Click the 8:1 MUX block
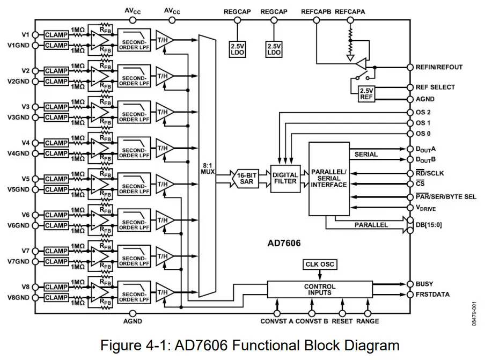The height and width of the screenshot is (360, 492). click(207, 166)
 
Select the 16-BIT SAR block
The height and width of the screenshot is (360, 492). click(247, 179)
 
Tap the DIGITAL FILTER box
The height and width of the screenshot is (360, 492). click(285, 179)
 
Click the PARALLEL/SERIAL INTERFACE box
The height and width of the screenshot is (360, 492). click(329, 179)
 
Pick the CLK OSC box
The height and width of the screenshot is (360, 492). click(320, 265)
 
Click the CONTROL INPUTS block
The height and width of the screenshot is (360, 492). click(319, 290)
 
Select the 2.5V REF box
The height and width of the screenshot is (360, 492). click(366, 94)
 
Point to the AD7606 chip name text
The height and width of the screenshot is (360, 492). click(284, 243)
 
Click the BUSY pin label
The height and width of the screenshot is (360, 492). click(424, 284)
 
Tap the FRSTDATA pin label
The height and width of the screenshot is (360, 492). click(432, 295)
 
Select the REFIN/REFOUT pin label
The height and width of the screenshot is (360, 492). click(439, 68)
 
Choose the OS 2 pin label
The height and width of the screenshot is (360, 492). click(423, 112)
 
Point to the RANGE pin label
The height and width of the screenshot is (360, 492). click(368, 321)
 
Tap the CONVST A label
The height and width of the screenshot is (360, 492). click(277, 321)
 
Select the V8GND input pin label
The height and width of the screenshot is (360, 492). click(18, 298)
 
